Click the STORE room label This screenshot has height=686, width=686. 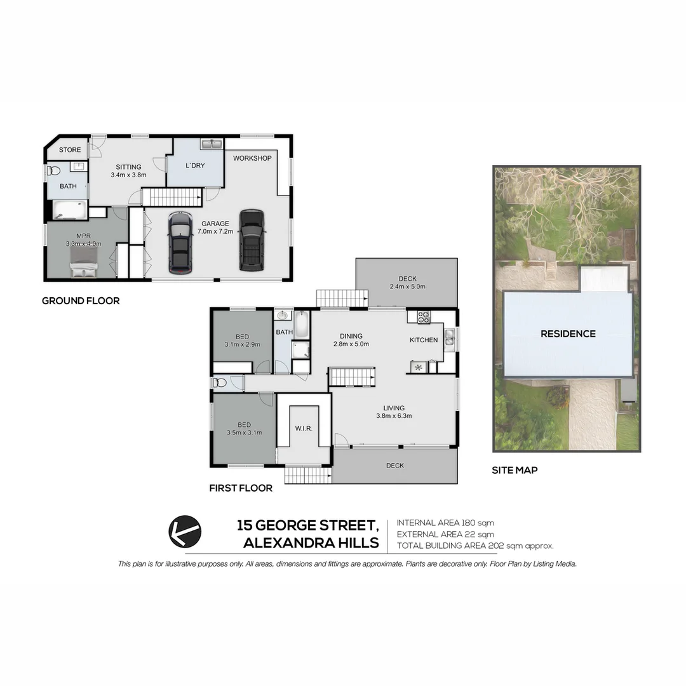point(70,150)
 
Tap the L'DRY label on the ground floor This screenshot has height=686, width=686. point(194,165)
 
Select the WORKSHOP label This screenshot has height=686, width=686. point(252,158)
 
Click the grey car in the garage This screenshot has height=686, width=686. point(180,241)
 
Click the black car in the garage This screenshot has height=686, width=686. point(252,239)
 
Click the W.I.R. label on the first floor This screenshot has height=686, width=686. point(304,428)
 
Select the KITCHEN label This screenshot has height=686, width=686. point(424,340)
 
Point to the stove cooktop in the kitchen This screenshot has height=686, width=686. point(424,316)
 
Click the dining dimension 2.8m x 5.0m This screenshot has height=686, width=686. point(351,344)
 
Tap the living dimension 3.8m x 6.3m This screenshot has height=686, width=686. point(394,417)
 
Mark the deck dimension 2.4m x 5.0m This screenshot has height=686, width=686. point(407,286)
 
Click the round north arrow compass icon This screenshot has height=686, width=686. point(185,531)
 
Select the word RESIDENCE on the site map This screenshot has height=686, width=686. point(568,333)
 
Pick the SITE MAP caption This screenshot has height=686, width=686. point(514,471)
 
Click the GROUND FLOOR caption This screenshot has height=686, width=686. point(81,300)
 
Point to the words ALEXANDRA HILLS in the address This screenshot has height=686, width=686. point(311,543)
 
